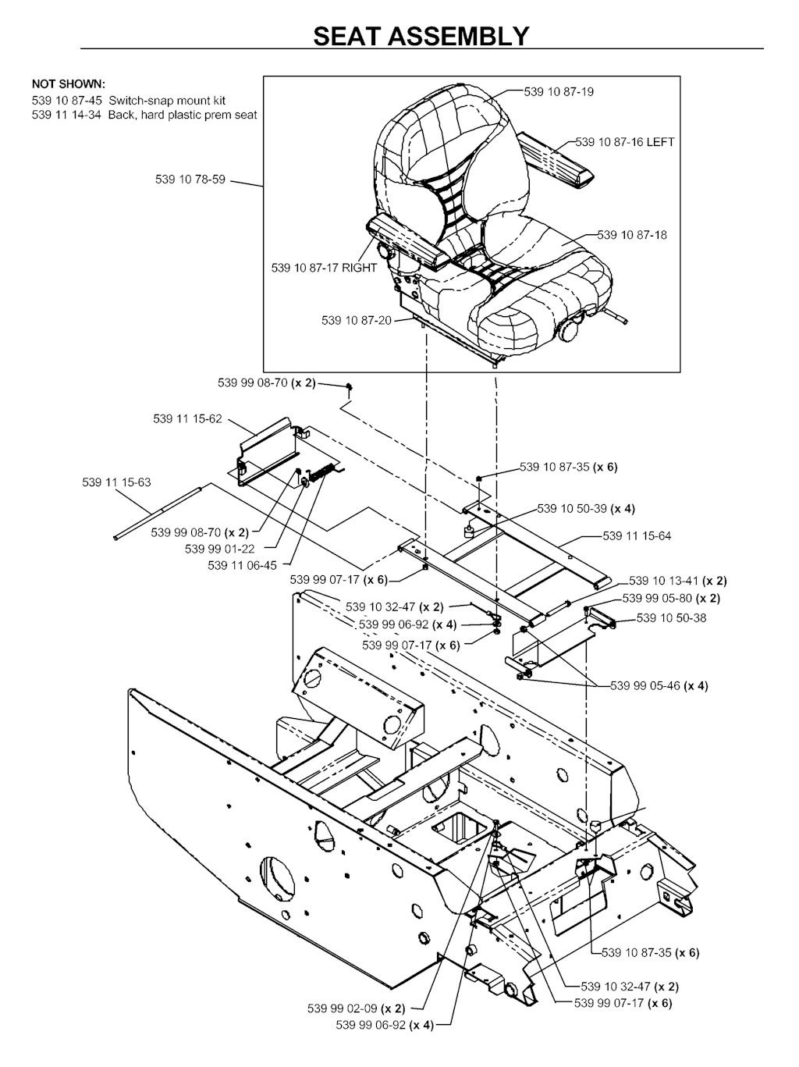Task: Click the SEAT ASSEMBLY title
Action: click(421, 36)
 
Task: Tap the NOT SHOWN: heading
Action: click(69, 84)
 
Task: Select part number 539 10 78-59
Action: click(190, 180)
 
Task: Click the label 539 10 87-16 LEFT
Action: click(625, 142)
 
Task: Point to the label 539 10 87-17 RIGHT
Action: click(324, 268)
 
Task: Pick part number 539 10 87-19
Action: click(559, 92)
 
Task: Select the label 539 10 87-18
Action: click(632, 235)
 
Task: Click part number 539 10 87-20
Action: click(357, 320)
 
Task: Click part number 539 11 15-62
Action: click(187, 418)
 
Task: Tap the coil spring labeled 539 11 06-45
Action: click(323, 471)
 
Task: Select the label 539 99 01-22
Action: click(219, 549)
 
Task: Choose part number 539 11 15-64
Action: click(637, 535)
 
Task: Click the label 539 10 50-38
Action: click(671, 618)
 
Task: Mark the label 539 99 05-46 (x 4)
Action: click(659, 686)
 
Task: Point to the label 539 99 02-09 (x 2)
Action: click(356, 1008)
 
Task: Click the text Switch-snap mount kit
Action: click(167, 101)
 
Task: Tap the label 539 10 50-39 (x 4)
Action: click(586, 508)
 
